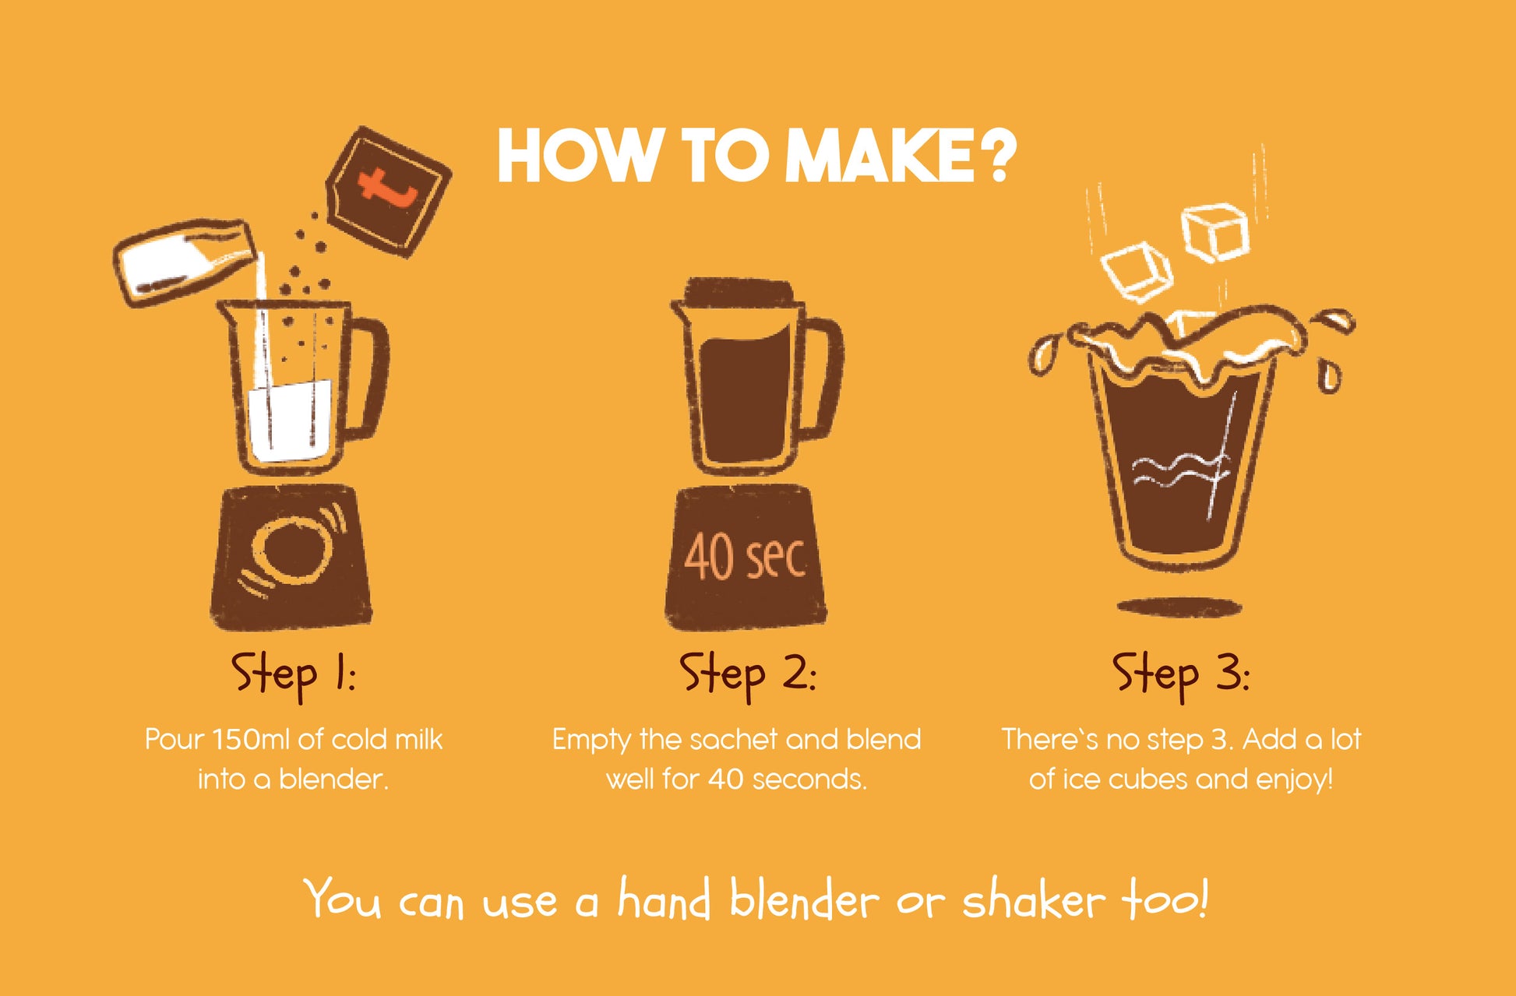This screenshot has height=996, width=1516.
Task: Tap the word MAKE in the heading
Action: pos(878,156)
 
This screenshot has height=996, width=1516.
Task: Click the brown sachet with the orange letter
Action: pos(389,192)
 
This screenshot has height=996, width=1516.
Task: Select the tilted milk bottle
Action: pos(185,261)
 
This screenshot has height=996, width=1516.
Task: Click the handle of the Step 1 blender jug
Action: pos(368,378)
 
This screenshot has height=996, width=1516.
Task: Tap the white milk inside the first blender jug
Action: pos(289,421)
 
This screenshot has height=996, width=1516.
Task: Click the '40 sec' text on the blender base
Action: pos(745,557)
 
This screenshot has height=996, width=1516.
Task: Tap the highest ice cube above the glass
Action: pos(1215,231)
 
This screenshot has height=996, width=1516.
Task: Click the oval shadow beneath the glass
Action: pos(1179,607)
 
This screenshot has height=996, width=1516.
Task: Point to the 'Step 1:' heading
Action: pos(293,674)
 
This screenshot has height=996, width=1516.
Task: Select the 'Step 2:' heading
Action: pos(748,674)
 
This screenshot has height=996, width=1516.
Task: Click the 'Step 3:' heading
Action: pos(1181,674)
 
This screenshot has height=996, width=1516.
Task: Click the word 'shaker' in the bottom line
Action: pos(1034,899)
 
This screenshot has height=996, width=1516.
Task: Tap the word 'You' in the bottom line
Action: pos(343,899)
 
